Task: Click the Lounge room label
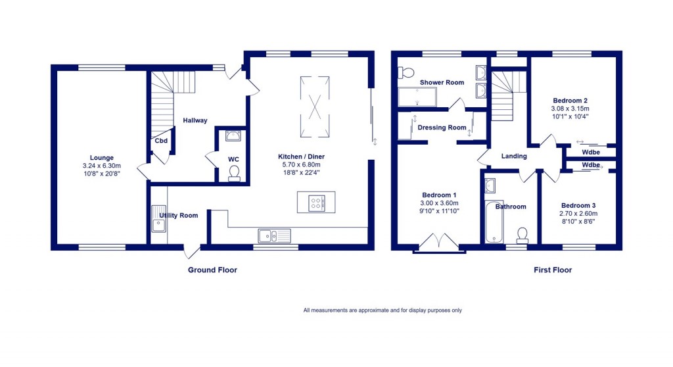click(98, 158)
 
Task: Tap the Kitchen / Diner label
click(302, 157)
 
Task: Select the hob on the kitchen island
click(316, 203)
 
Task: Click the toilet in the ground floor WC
click(233, 172)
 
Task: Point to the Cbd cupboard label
click(161, 141)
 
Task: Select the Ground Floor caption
click(212, 270)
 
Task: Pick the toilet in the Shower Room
click(406, 72)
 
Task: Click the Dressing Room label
click(442, 128)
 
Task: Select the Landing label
click(514, 157)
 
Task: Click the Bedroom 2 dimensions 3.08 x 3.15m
click(570, 109)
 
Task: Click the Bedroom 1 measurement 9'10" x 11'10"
click(439, 211)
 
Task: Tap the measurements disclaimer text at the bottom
click(383, 310)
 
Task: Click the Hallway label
click(195, 120)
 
